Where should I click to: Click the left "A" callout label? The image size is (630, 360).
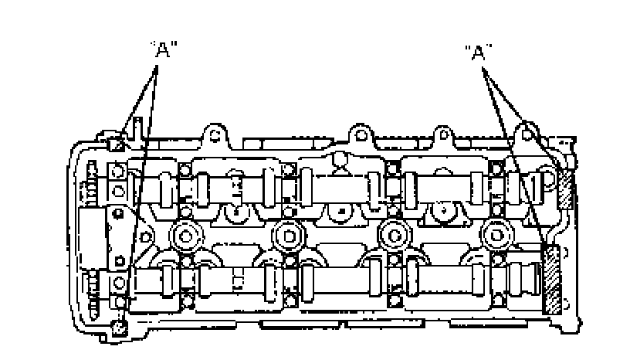(x=163, y=49)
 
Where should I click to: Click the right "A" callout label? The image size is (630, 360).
(x=478, y=53)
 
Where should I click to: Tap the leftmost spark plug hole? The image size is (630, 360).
(x=185, y=236)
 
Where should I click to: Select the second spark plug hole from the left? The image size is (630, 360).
(x=289, y=236)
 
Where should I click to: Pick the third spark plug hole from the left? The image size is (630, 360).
(x=395, y=236)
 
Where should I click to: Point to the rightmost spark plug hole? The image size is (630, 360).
(x=496, y=235)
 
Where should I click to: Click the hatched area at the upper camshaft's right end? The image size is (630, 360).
(x=566, y=188)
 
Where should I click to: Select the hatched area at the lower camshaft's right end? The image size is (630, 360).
(x=552, y=280)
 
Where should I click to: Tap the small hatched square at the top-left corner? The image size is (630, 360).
(x=117, y=144)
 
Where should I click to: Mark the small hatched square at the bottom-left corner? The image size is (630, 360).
(x=120, y=328)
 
